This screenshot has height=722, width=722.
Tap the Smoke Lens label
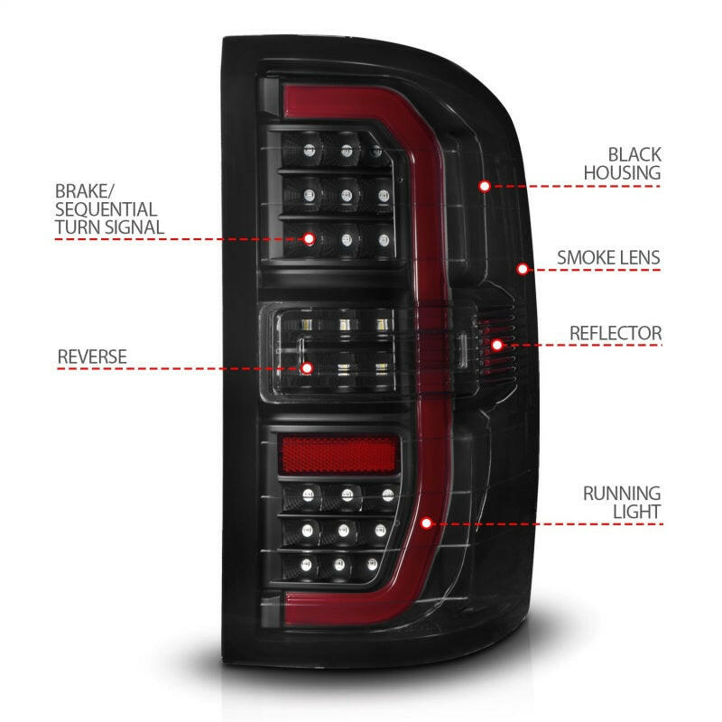(607, 257)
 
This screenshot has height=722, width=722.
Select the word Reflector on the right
(615, 333)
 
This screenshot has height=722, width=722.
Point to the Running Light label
(622, 503)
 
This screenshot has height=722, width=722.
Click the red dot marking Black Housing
(485, 186)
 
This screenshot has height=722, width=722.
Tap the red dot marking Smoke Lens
(523, 268)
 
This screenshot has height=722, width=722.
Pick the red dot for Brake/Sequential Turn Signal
(310, 239)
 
